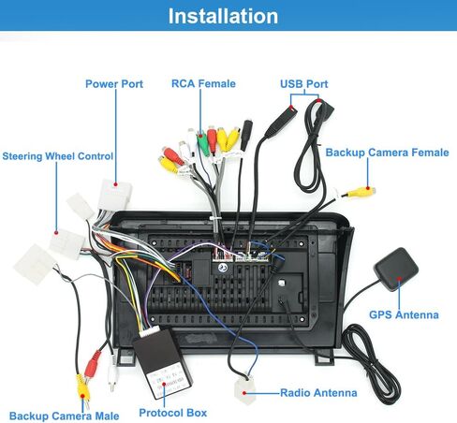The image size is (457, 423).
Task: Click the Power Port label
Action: [114, 83]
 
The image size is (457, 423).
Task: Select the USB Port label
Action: [303, 83]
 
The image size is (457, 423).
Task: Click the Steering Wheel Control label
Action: [58, 156]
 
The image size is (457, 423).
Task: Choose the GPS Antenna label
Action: [404, 314]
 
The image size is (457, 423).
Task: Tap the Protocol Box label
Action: [173, 412]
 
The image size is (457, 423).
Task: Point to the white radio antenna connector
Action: [242, 392]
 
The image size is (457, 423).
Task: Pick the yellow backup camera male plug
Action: [81, 383]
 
